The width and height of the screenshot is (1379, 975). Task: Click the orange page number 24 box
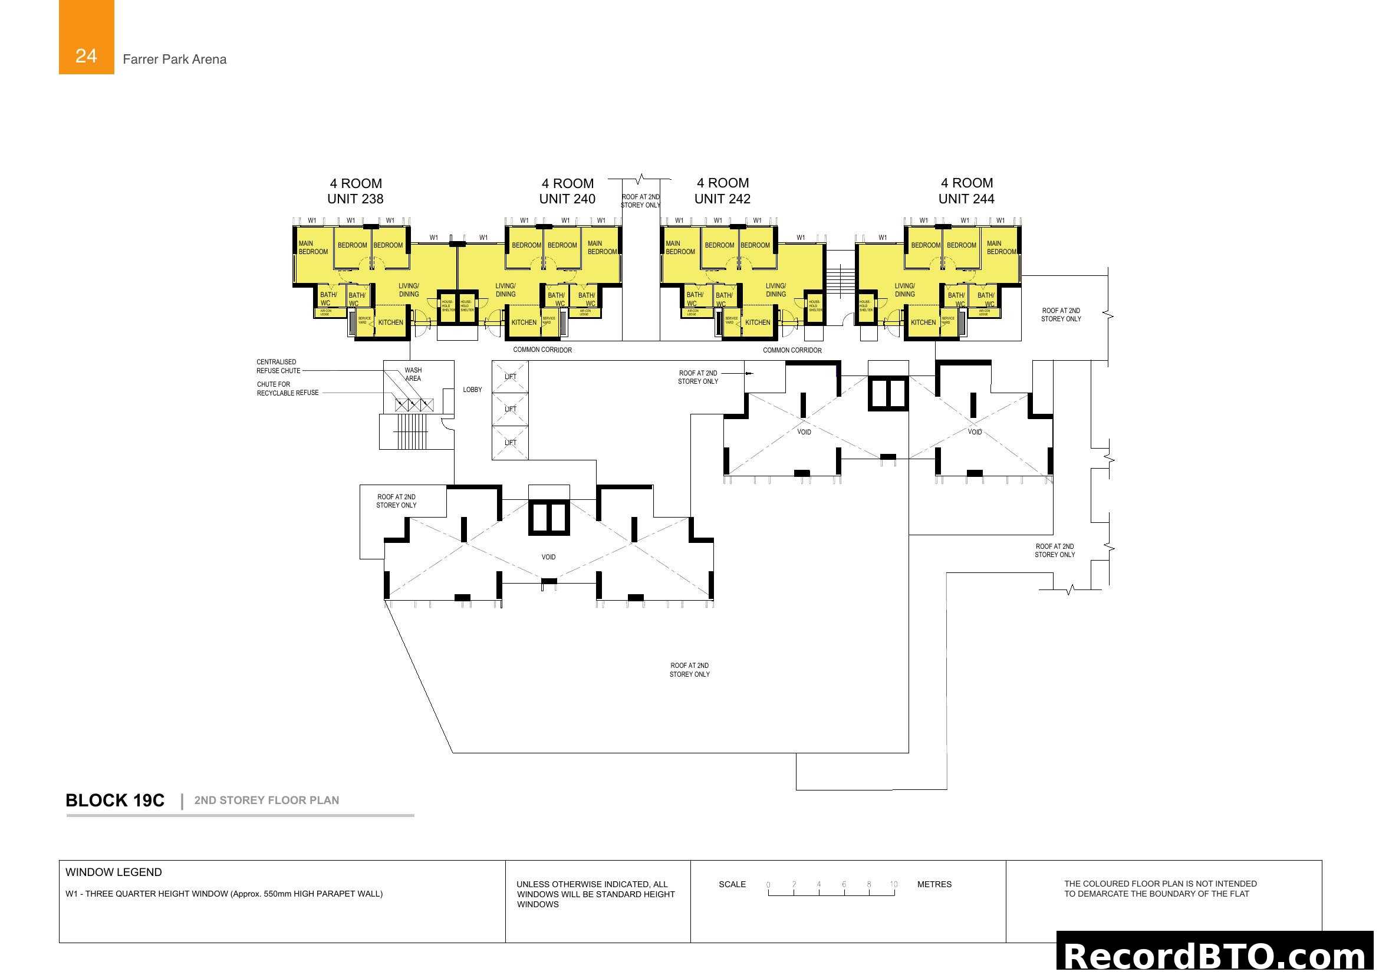pos(86,37)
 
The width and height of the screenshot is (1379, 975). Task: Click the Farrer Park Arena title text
pos(174,59)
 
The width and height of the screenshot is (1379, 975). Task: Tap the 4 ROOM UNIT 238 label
pos(355,191)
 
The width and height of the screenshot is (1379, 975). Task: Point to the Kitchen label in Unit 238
pos(390,322)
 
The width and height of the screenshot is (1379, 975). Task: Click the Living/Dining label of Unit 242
pos(775,290)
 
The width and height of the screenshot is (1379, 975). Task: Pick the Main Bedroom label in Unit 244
pos(1001,248)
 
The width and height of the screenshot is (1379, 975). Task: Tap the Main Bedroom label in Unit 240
pos(602,248)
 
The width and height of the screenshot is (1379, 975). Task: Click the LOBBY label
pos(472,390)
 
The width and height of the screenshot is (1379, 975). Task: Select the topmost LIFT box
pos(510,377)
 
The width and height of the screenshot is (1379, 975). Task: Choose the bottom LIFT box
pos(510,443)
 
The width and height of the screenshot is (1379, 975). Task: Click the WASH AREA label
pos(413,374)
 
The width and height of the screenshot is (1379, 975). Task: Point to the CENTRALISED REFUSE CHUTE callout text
pos(278,366)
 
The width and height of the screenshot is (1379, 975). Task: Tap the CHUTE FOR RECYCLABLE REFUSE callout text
pos(287,388)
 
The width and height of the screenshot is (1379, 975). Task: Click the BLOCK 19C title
pos(115,801)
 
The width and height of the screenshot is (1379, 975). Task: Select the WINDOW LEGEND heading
pos(114,872)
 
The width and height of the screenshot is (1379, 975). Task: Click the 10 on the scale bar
pos(894,884)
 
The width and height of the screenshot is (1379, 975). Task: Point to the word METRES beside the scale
pos(934,884)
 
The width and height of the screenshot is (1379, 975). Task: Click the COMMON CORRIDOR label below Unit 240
pos(542,350)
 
